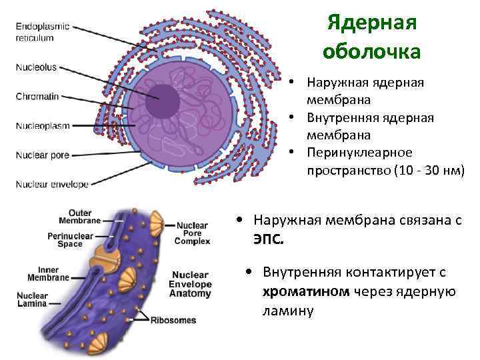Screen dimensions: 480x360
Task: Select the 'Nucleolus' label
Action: [x=37, y=67]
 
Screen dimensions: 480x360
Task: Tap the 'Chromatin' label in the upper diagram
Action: [x=37, y=96]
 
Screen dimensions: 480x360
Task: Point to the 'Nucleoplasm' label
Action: [x=41, y=125]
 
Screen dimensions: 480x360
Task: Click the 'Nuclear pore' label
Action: [x=42, y=155]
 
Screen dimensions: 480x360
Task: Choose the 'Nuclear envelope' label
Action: [x=51, y=185]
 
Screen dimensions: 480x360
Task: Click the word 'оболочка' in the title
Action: [x=371, y=51]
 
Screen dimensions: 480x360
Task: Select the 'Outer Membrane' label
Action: [x=80, y=217]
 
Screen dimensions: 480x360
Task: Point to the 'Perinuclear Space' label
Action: [x=70, y=240]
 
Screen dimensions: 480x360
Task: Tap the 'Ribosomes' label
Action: [x=173, y=320]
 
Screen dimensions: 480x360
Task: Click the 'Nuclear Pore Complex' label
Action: [x=192, y=233]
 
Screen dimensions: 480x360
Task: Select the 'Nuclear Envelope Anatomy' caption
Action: [x=191, y=284]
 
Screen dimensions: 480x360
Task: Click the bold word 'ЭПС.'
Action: [x=268, y=239]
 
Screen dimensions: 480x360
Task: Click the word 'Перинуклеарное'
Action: [x=359, y=152]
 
